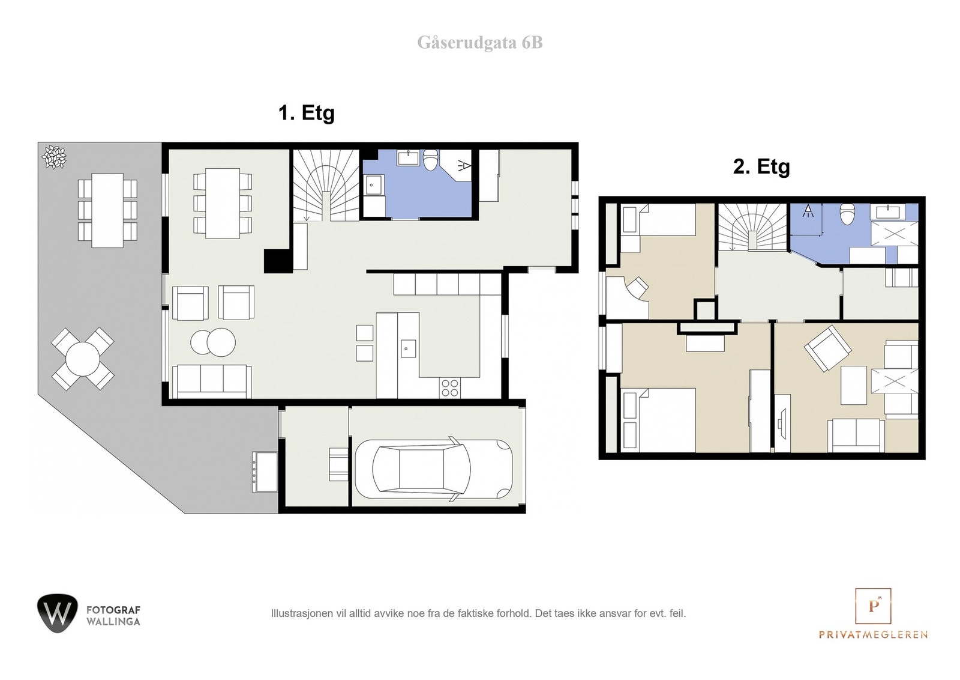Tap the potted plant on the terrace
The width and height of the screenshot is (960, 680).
point(54,157)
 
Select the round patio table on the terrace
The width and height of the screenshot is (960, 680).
point(82,359)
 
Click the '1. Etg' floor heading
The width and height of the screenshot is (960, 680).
point(306,113)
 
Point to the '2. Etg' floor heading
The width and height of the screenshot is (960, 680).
point(761,166)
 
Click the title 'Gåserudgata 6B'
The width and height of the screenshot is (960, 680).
point(479,43)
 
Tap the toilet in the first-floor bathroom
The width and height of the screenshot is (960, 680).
point(431,160)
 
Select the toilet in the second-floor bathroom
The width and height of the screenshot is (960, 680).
point(847,214)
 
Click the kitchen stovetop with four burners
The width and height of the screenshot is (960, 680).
point(449,388)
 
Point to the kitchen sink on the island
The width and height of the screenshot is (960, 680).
point(407,348)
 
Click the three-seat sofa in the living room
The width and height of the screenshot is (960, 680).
point(211,380)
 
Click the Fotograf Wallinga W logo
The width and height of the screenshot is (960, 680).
point(57,613)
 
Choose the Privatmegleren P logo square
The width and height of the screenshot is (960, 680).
point(872,606)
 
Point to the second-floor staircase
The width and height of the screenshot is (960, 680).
point(752,227)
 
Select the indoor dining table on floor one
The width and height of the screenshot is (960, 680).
point(222,202)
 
